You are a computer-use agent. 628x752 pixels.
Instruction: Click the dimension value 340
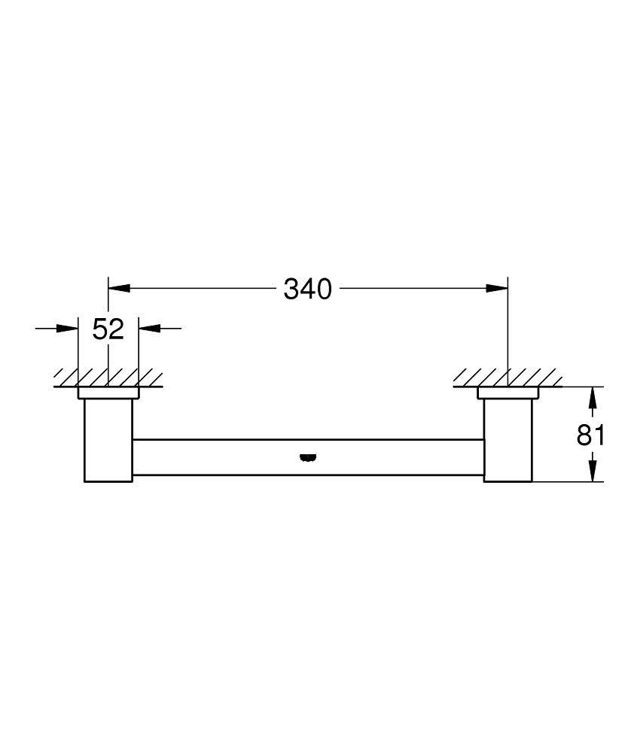point(307,288)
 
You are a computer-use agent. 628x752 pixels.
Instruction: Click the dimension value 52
point(108,329)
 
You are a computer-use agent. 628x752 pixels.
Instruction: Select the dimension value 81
point(591,435)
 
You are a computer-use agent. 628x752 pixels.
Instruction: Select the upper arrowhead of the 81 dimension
point(593,398)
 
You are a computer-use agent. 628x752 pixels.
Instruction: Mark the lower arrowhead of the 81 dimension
point(593,471)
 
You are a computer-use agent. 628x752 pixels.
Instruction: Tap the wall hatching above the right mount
point(508,377)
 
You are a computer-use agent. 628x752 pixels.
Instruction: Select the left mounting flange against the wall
point(108,393)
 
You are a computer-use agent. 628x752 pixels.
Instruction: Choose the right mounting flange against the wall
point(508,393)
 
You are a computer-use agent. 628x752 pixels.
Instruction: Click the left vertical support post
point(108,440)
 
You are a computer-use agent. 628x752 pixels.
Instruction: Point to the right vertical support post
point(508,440)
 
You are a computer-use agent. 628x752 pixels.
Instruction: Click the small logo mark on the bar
point(307,456)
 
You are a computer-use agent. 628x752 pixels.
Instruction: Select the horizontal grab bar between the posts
point(226,457)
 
